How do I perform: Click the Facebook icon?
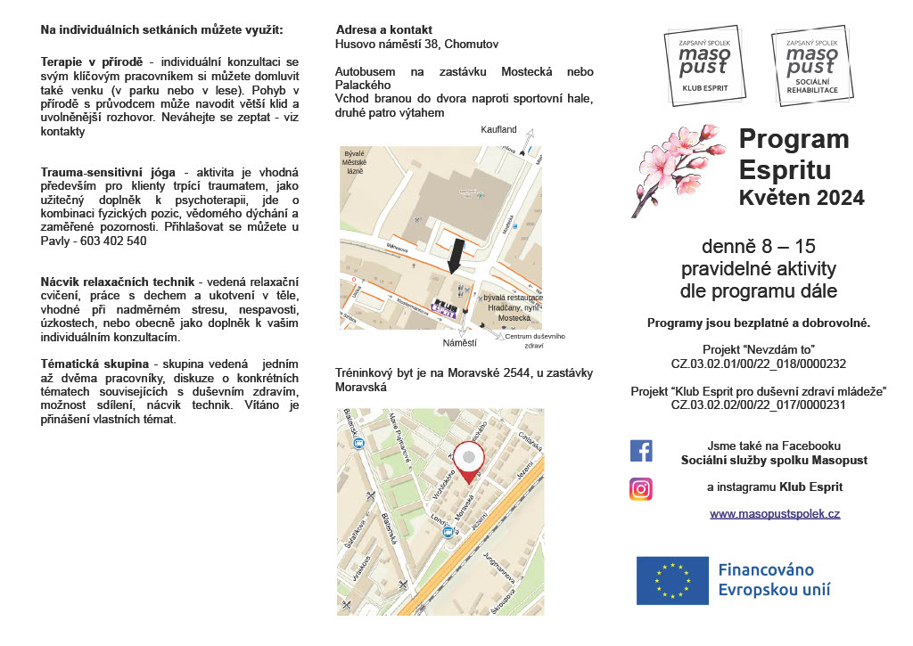[x=641, y=450]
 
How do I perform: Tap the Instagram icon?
[x=641, y=488]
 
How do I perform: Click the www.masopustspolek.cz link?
[x=774, y=514]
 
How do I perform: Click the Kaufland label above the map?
[x=498, y=130]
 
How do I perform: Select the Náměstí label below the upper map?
[x=460, y=342]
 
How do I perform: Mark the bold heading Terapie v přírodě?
[x=93, y=62]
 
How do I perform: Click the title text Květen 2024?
[x=801, y=198]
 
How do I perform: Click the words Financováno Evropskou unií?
[x=774, y=579]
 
